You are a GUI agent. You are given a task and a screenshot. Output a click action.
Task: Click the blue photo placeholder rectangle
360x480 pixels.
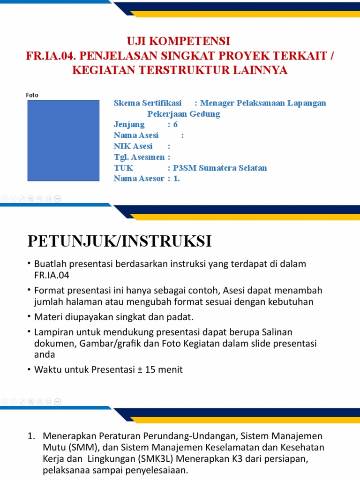[63, 140]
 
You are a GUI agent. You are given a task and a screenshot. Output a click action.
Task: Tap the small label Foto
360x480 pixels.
[32, 95]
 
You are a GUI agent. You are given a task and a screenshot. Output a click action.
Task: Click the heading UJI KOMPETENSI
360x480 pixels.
[180, 41]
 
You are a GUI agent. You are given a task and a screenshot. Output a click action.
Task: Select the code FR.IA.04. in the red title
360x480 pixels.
[51, 56]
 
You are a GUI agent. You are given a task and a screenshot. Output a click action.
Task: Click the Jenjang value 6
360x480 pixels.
[176, 125]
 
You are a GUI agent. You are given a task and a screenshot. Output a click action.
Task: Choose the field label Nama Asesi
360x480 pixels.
[136, 135]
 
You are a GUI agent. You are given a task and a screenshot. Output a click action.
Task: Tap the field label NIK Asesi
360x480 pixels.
[133, 146]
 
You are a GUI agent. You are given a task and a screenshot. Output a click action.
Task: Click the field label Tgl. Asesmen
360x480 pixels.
[139, 157]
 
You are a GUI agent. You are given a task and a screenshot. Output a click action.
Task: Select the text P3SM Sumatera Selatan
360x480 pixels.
[220, 168]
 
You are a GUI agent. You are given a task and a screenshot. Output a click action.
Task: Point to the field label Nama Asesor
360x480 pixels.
[139, 179]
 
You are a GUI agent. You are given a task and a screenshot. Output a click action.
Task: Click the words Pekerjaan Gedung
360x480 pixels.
[184, 114]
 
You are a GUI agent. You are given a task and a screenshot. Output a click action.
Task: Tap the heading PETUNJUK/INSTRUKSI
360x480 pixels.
[120, 241]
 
